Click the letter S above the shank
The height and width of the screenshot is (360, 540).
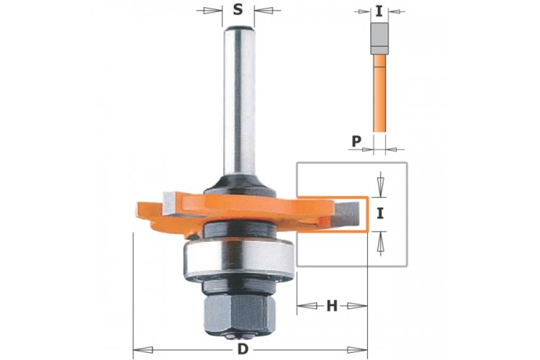(238, 9)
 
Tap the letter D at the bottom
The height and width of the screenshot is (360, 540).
(243, 349)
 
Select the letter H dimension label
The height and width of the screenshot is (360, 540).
(332, 305)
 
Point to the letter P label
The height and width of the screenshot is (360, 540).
(356, 141)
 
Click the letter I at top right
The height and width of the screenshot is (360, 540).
(379, 12)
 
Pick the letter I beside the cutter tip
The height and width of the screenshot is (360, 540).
(380, 214)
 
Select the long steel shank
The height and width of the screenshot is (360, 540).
(239, 101)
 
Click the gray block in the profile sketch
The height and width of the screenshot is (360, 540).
(379, 38)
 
